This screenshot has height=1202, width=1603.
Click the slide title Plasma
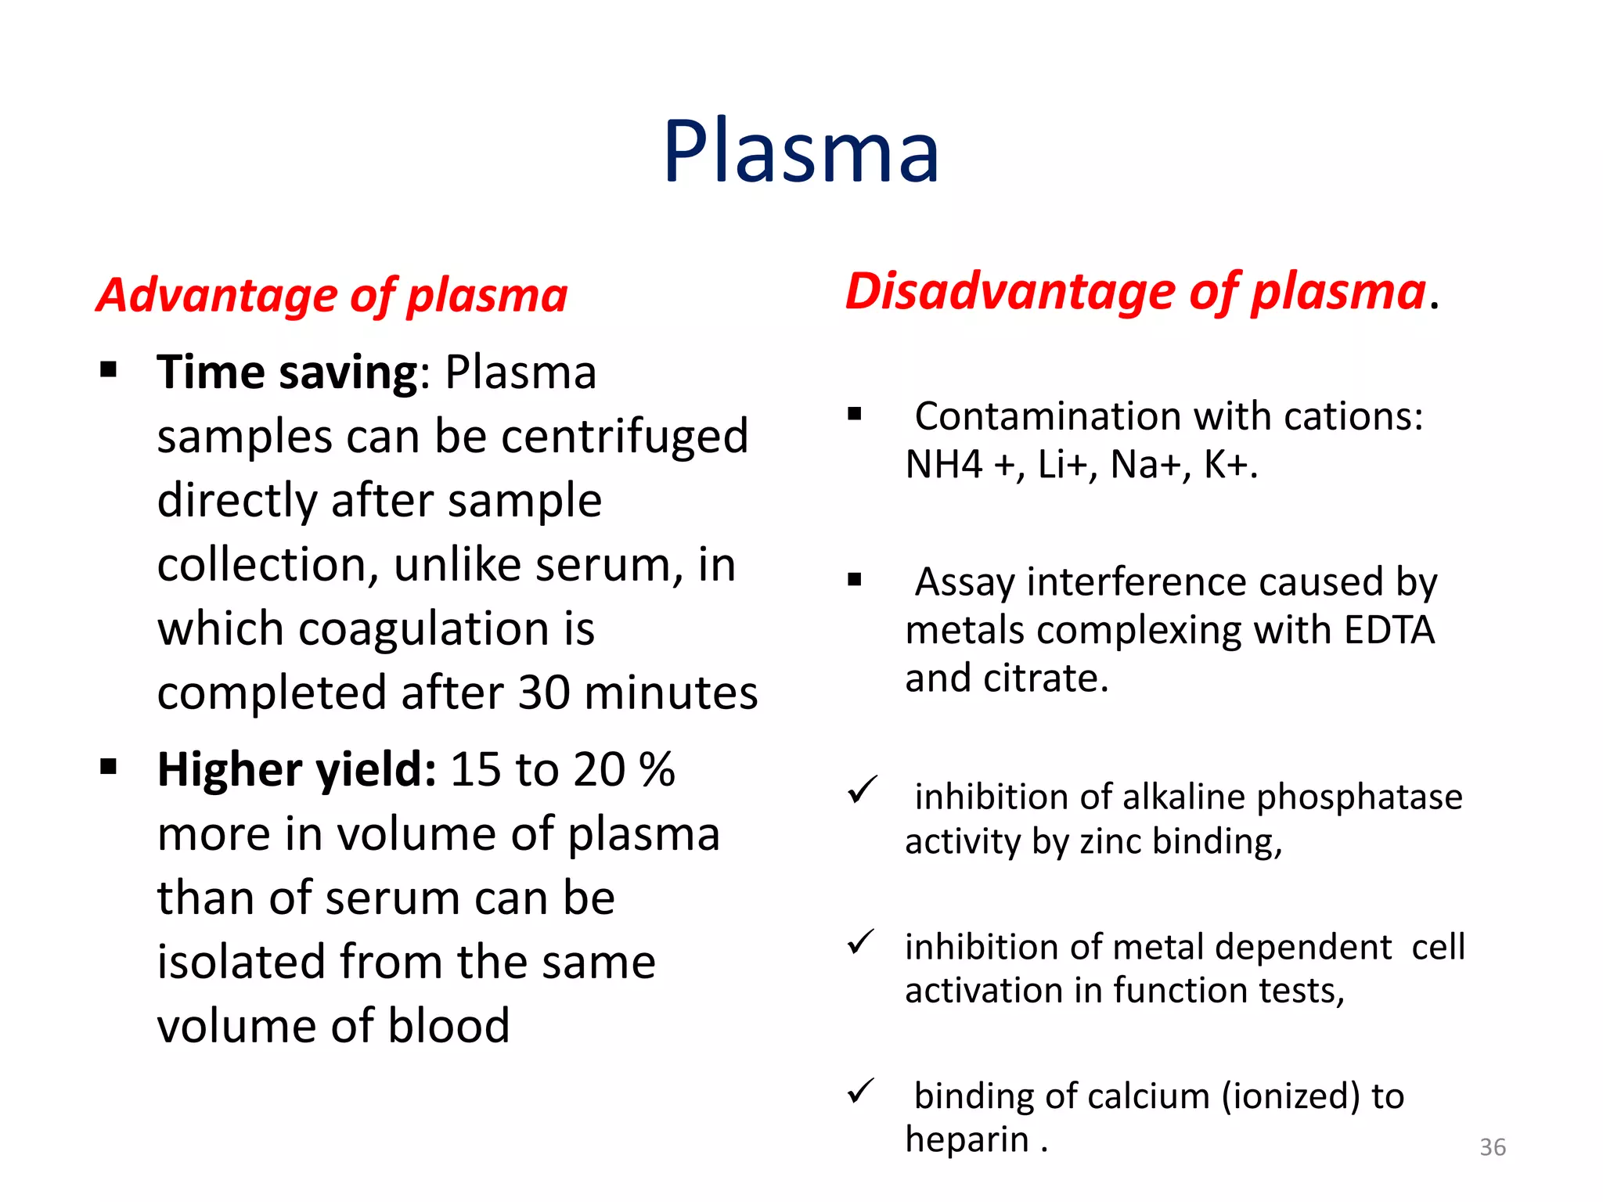(x=801, y=151)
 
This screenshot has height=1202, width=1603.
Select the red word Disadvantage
(x=1010, y=292)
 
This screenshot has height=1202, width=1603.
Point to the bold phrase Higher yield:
(x=296, y=769)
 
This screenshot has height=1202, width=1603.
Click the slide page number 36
(x=1493, y=1147)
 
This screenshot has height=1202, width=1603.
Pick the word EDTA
(x=1389, y=630)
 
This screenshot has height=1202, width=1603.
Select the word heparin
(x=967, y=1139)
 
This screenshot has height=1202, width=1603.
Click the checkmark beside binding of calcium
(x=861, y=1092)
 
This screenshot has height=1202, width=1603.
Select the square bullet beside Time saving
(x=109, y=369)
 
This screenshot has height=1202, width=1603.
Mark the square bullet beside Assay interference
(x=855, y=580)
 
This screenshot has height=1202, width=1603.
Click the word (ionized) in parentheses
(x=1291, y=1096)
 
